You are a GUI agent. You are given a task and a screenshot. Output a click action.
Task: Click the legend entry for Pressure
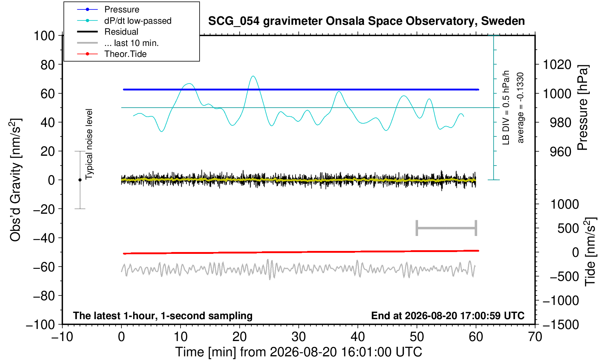[122, 10]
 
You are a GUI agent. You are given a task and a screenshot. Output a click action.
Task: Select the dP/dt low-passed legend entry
[138, 21]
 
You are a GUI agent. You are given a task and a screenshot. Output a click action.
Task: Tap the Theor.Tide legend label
[125, 54]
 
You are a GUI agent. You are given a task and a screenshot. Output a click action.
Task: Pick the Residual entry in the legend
[121, 32]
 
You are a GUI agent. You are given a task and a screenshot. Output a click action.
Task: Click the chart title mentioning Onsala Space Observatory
[366, 21]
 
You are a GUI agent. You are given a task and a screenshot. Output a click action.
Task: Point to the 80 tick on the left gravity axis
[48, 65]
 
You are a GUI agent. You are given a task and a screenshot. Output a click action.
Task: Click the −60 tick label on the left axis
[44, 267]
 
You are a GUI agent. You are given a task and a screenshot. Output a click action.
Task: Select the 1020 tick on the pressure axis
[557, 65]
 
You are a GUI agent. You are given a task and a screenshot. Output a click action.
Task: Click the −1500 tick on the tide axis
[561, 325]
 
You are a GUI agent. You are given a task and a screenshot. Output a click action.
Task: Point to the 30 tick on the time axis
[298, 337]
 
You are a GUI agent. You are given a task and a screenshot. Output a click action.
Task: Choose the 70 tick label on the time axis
[535, 337]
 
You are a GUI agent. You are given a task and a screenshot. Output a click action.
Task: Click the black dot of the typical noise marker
[80, 180]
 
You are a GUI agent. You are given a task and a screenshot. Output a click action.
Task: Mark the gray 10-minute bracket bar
[447, 228]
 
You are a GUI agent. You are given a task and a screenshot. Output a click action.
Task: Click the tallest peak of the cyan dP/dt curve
[253, 76]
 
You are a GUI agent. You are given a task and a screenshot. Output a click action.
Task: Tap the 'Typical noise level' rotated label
[89, 144]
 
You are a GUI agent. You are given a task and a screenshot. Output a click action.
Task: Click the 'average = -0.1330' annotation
[520, 108]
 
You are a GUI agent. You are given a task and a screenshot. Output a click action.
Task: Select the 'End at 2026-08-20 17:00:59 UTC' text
[448, 316]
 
